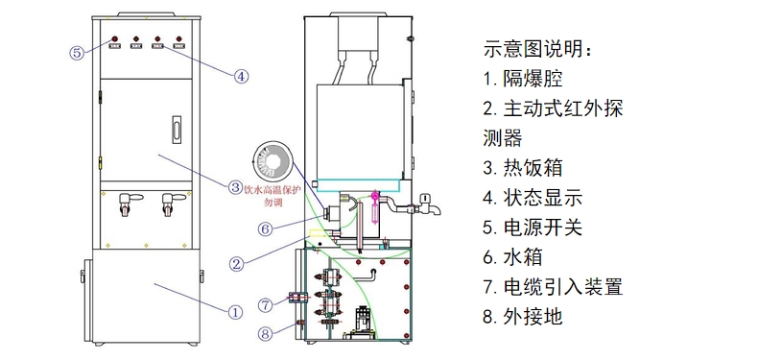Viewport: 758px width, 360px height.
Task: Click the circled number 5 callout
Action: coord(78,52)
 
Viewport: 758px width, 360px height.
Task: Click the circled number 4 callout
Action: coord(241,76)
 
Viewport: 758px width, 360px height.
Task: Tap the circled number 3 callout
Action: coord(234,187)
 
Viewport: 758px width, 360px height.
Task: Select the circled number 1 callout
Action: coord(235,312)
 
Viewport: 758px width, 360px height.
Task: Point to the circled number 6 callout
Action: coord(265,228)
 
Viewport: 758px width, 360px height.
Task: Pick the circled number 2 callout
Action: coord(236,264)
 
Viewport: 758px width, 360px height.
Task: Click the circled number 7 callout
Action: coord(265,305)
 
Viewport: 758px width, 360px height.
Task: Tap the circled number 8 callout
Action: coord(265,333)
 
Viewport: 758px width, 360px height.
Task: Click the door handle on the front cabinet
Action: coord(177,130)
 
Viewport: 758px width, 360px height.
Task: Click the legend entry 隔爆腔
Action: coord(523,79)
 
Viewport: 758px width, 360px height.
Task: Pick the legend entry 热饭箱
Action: coord(523,168)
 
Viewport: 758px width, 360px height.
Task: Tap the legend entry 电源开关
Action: coord(533,228)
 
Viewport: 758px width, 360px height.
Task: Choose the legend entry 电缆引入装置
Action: coord(553,287)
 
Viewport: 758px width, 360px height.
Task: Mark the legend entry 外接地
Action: coord(523,317)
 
